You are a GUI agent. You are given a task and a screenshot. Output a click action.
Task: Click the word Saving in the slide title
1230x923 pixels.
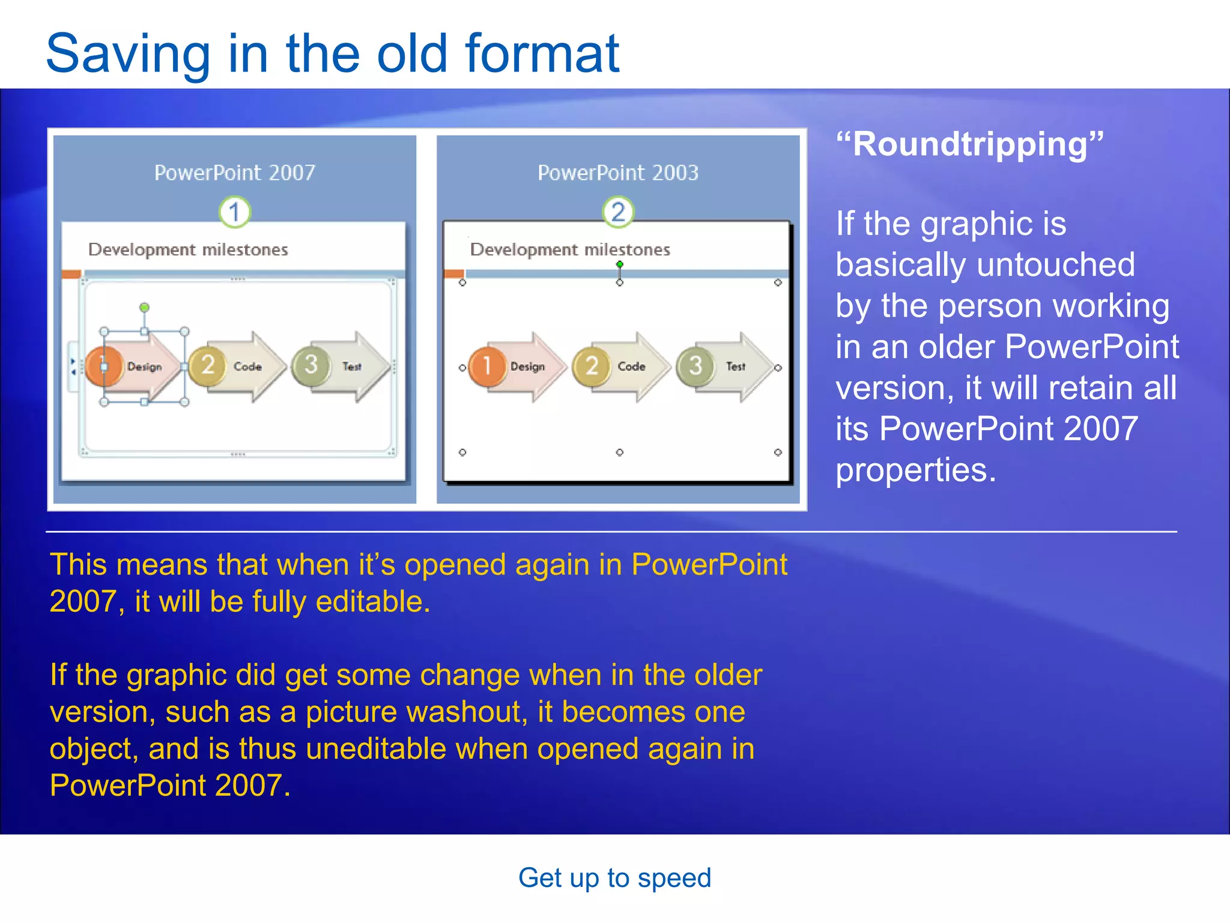(127, 54)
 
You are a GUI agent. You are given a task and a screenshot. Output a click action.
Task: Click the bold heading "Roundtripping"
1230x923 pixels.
(969, 145)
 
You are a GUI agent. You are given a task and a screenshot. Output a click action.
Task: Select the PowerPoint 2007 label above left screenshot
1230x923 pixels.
(234, 173)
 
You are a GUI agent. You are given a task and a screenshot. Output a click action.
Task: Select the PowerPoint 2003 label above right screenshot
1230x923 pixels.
(617, 173)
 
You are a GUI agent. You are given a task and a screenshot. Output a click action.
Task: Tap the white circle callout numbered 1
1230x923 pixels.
(234, 212)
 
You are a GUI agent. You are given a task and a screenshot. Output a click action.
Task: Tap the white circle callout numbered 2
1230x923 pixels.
(617, 212)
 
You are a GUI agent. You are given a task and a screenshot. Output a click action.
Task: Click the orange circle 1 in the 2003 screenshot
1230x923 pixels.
(486, 365)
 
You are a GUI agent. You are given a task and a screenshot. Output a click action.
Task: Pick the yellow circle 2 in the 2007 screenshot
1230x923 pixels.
(207, 365)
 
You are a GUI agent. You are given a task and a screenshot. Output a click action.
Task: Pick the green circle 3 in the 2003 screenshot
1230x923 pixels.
(695, 365)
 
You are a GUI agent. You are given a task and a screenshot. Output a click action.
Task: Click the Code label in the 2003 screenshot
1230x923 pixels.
(631, 366)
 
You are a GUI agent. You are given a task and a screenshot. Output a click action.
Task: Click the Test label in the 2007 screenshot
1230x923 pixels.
(352, 366)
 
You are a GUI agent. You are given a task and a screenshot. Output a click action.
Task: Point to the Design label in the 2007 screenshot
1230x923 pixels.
(144, 366)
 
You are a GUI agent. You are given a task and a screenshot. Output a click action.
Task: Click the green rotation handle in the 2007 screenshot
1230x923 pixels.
(144, 308)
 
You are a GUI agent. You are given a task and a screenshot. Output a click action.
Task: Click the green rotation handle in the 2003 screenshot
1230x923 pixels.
(619, 264)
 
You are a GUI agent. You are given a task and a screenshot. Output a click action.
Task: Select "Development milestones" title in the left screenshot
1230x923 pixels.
(188, 249)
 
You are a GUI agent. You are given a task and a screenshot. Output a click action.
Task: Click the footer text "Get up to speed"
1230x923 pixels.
(614, 877)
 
